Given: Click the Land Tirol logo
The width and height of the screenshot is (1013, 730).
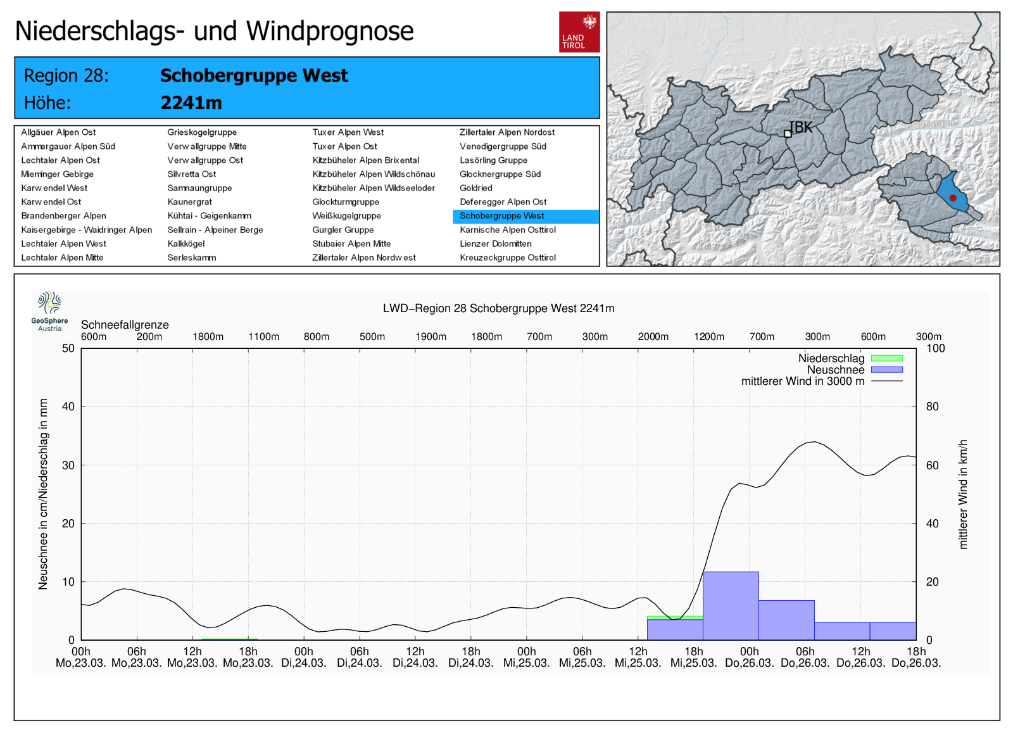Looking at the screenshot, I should click(579, 32).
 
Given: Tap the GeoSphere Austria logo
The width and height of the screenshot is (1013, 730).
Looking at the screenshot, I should click(49, 310).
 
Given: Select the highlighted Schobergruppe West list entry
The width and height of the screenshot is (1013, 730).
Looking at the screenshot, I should click(501, 216).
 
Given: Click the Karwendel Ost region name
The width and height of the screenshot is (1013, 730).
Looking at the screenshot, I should click(51, 202).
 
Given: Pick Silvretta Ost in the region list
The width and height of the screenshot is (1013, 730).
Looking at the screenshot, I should click(191, 174).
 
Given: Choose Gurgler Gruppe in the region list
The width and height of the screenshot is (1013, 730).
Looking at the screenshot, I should click(343, 230).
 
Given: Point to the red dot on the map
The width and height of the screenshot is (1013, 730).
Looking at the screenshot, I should click(953, 198).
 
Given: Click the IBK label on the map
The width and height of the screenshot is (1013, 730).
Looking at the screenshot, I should click(800, 127).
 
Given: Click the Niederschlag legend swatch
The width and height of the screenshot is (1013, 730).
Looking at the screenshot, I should click(886, 358).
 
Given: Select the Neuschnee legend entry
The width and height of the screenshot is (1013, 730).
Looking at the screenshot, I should click(835, 370).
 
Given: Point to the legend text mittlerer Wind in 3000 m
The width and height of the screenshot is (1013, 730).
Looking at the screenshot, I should click(802, 381).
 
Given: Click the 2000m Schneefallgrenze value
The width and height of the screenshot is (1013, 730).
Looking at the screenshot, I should click(653, 337).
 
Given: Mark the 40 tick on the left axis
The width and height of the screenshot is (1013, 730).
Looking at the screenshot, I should click(68, 406).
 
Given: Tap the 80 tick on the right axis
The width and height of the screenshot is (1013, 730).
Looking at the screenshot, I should click(932, 406).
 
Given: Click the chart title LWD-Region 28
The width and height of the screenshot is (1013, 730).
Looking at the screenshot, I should click(498, 308).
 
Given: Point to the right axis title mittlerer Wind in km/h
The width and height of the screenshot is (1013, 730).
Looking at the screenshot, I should click(963, 494).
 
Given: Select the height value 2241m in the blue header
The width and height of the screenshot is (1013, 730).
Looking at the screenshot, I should click(191, 103).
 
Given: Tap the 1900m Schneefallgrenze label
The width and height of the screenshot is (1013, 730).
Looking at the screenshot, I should click(431, 337).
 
